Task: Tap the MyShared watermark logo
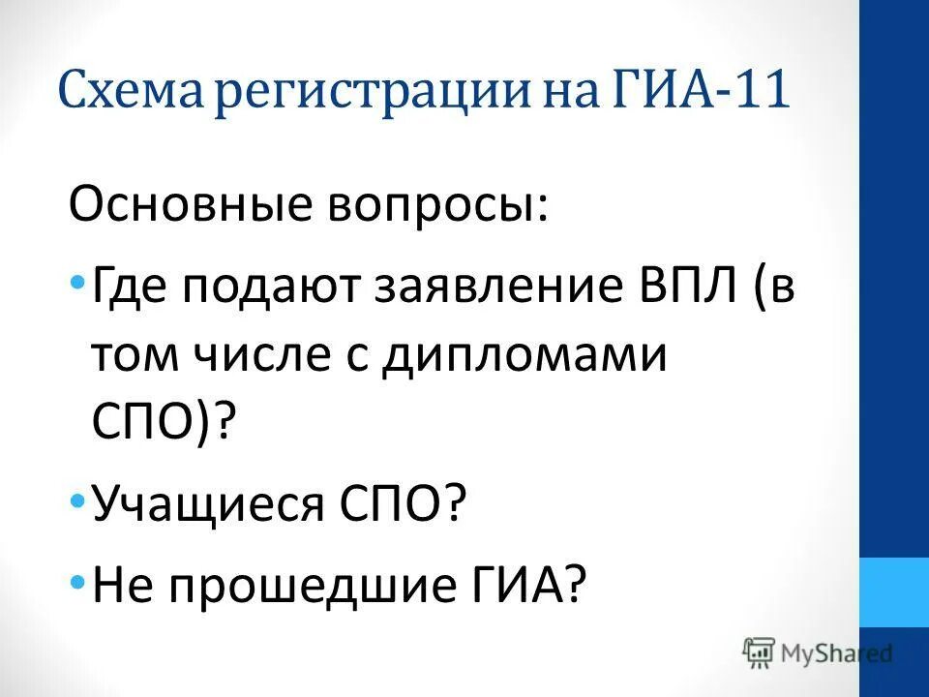click(x=818, y=652)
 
